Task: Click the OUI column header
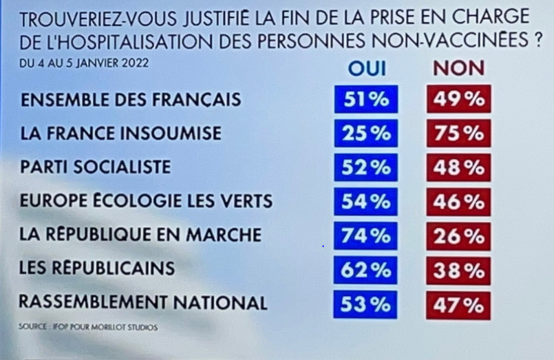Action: click(x=367, y=68)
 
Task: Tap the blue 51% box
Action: click(x=366, y=99)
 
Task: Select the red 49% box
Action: click(x=458, y=99)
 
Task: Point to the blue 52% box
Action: click(x=366, y=167)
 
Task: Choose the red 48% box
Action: click(x=458, y=167)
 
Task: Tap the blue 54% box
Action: click(x=366, y=202)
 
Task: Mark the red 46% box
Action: click(x=458, y=202)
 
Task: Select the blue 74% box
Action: click(x=366, y=235)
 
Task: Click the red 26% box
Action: click(x=458, y=235)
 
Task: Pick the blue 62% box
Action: click(x=366, y=269)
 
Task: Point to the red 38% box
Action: click(x=458, y=269)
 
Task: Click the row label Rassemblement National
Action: click(x=142, y=302)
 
